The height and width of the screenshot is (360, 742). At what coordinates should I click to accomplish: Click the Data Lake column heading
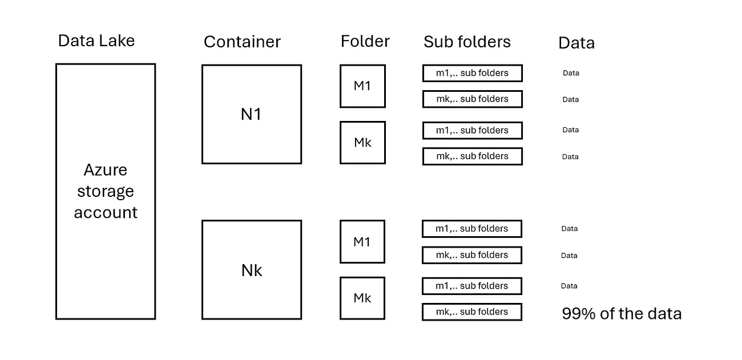[96, 41]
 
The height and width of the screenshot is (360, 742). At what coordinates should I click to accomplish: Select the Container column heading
[242, 42]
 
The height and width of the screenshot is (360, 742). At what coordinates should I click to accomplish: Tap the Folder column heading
[365, 42]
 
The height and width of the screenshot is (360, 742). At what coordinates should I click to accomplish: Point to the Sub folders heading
[467, 42]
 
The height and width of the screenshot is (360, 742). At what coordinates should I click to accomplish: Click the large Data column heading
[576, 43]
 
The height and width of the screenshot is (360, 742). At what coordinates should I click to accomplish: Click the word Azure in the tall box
[106, 170]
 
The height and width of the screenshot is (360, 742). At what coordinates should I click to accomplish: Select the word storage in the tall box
[106, 192]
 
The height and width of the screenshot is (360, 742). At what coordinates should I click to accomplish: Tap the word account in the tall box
[106, 213]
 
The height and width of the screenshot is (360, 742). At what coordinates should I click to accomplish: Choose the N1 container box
[252, 114]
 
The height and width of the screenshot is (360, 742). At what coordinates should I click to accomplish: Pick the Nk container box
[252, 270]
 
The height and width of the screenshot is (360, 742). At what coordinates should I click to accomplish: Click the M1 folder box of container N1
[362, 86]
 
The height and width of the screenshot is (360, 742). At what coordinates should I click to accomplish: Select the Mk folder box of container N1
[362, 143]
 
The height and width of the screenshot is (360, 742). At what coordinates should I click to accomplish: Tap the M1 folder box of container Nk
[362, 242]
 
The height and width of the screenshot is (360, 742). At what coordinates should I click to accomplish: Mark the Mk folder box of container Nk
[362, 298]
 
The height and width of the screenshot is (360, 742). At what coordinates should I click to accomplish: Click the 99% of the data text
[622, 314]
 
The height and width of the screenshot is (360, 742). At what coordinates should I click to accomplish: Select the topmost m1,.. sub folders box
[473, 73]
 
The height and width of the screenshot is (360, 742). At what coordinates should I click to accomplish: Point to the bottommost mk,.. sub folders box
[472, 312]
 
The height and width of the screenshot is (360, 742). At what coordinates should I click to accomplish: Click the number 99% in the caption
[579, 314]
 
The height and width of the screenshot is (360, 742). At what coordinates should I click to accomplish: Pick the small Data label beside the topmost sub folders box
[571, 73]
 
